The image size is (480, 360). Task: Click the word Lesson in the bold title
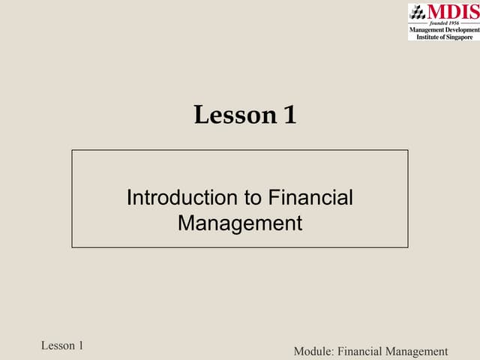pos(235,115)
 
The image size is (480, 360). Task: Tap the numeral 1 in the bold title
pos(290,114)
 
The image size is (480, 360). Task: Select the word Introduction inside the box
pos(182,197)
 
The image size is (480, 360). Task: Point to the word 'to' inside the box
pos(253,198)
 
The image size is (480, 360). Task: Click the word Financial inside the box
pos(310,197)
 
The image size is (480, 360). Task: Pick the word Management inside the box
pos(240,223)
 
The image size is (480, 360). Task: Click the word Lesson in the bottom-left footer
pos(58,346)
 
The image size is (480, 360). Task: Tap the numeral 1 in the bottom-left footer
pos(81,346)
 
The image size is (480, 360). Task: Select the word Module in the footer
pos(313,352)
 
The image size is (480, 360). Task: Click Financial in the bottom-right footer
pos(360,352)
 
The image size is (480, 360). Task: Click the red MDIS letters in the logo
pos(454,12)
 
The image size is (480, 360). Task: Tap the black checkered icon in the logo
pos(418,13)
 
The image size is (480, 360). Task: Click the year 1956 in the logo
pos(454,23)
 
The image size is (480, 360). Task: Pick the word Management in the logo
pos(427,30)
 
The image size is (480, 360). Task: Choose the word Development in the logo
pos(462,30)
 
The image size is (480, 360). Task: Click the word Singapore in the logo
pos(460,37)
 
